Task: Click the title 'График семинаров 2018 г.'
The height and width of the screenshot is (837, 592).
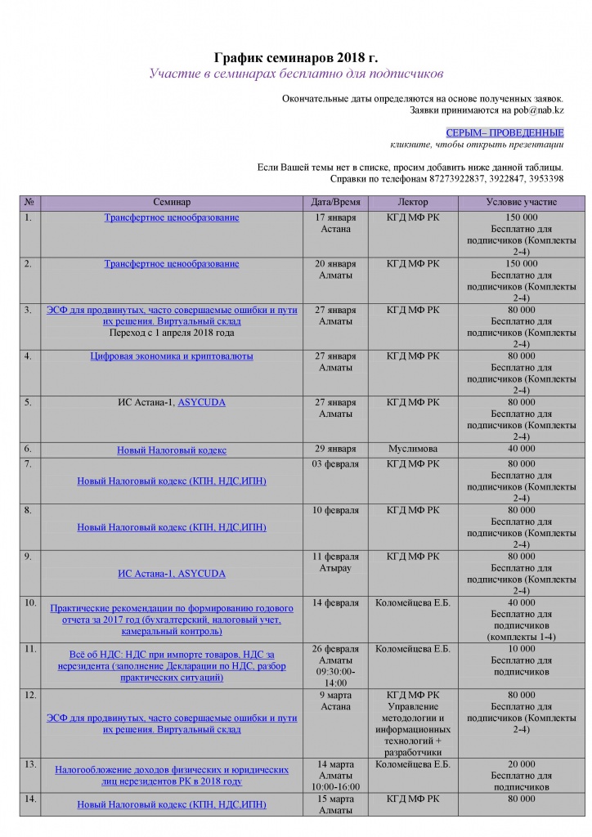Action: coord(296,57)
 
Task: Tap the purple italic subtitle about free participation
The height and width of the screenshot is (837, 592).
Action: coord(296,74)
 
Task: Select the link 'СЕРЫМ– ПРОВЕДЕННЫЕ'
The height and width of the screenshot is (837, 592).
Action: coord(505,132)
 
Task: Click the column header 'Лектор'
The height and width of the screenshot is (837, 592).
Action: coord(412,201)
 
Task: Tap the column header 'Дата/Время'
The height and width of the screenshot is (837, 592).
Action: coord(336,201)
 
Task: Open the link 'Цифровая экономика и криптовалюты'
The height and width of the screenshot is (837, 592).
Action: coord(172,356)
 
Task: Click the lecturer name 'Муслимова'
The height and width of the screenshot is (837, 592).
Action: coord(412,449)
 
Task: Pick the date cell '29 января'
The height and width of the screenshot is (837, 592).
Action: coord(336,449)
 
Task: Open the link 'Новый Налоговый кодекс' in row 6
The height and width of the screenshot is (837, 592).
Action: coord(172,450)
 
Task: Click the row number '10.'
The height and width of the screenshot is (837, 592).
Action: coord(30,602)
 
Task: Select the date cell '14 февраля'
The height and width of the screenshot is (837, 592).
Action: coord(336,602)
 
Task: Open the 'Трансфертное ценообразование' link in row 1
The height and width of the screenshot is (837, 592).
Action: coord(172,218)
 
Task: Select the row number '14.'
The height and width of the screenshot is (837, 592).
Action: coord(30,799)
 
